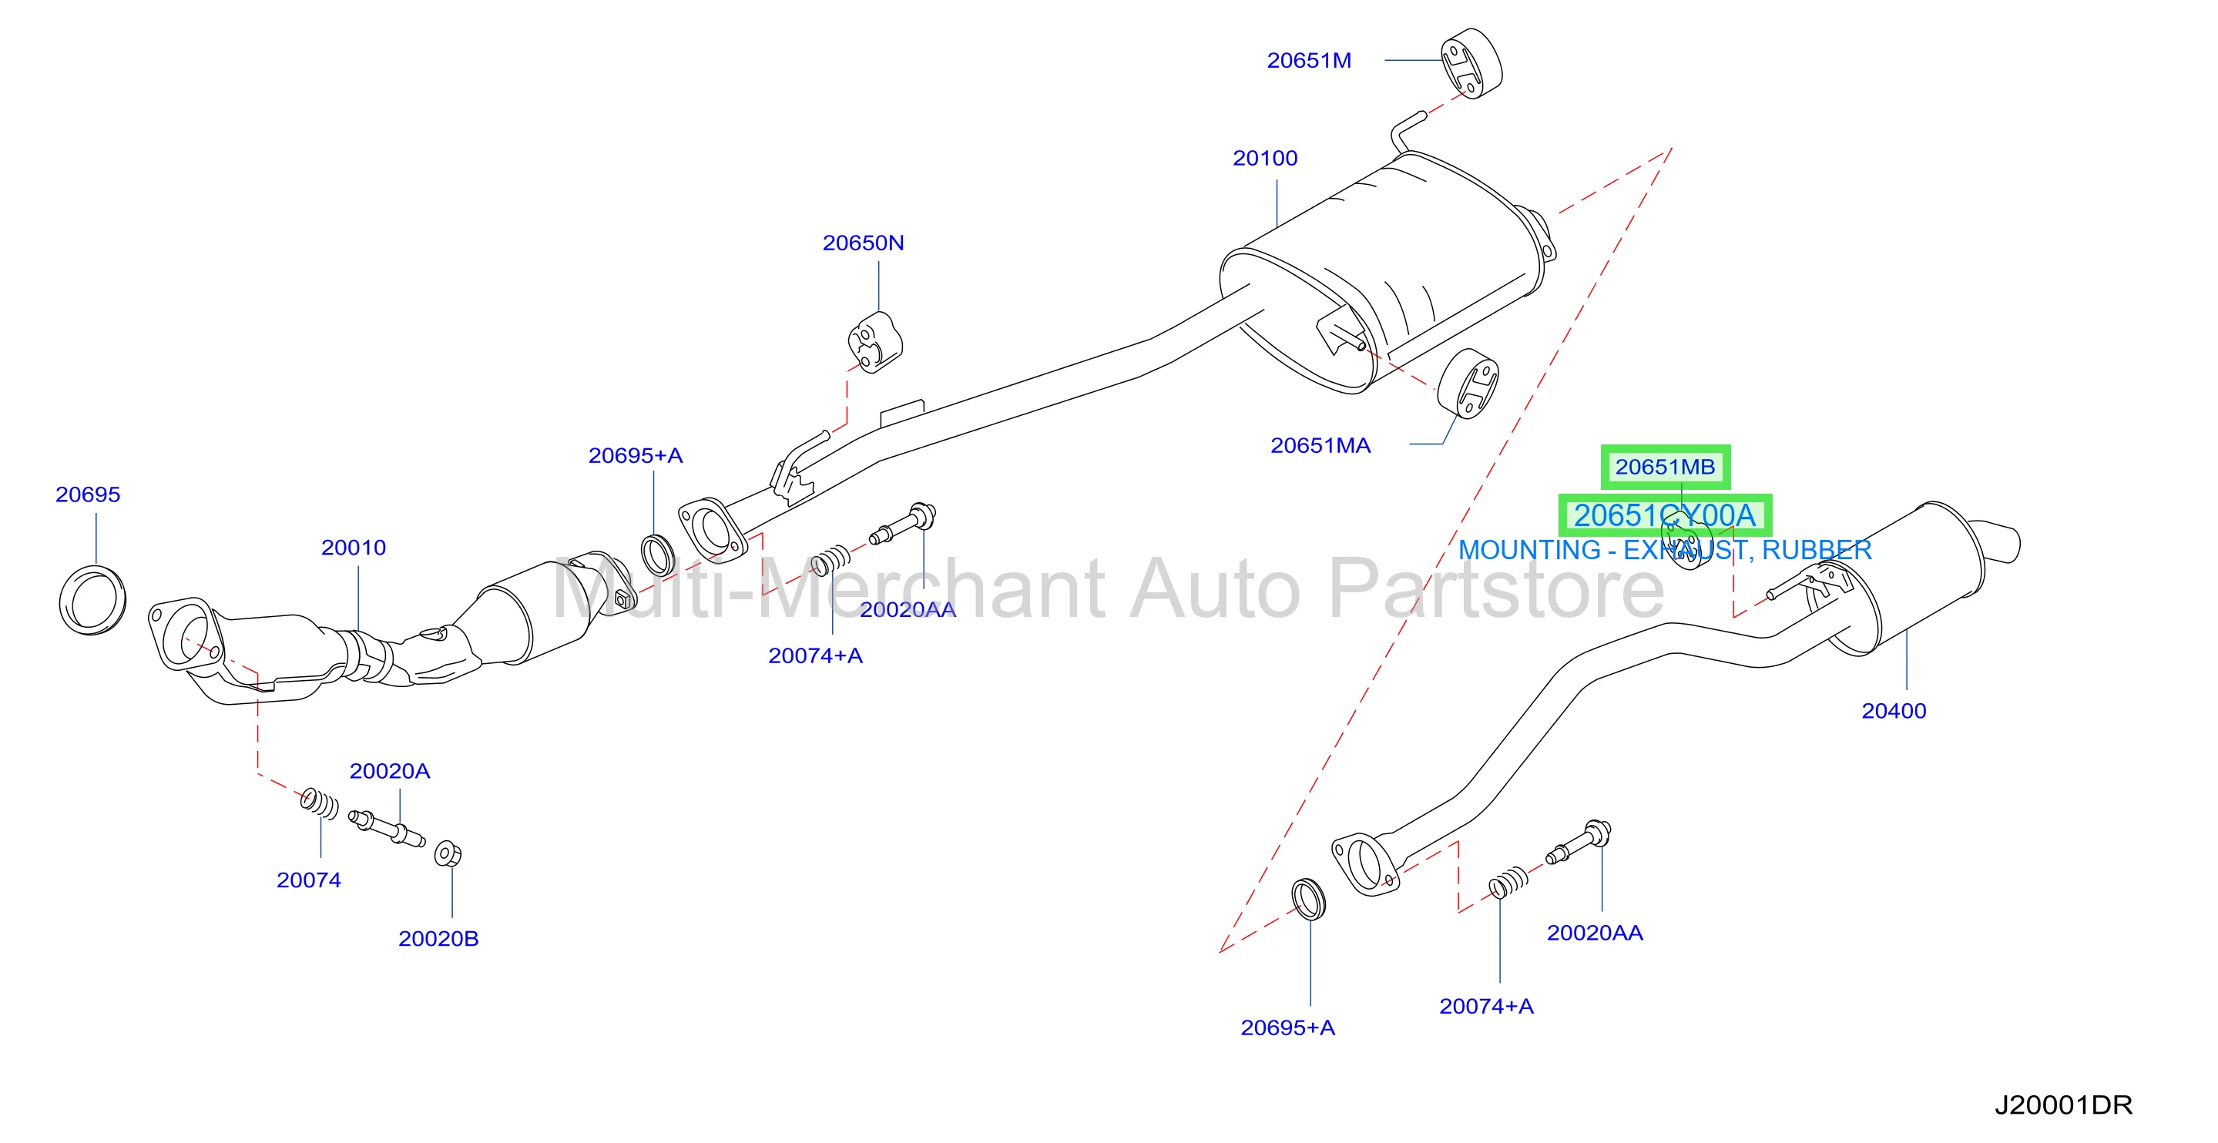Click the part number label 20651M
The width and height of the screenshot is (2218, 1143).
pos(1309,60)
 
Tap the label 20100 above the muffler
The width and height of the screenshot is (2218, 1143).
pos(1265,159)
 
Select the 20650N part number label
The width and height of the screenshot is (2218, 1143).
pos(863,243)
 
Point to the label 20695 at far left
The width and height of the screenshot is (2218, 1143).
pos(88,494)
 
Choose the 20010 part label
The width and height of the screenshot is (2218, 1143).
pos(353,548)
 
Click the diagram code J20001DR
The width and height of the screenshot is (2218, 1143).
pos(2064,1105)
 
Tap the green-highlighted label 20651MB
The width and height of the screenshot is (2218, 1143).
pos(1665,467)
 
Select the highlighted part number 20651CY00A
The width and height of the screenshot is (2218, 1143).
pos(1664,515)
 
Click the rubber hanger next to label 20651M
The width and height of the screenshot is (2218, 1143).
pos(1472,63)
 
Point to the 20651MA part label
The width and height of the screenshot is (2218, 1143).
pos(1320,446)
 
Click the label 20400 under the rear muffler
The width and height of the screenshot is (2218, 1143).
pos(1894,711)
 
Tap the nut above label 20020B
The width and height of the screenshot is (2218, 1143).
pos(448,854)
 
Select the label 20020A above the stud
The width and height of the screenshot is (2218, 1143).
pos(389,771)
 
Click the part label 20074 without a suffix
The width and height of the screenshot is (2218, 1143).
pos(308,880)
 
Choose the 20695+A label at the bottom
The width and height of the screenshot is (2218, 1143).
pos(1287,1027)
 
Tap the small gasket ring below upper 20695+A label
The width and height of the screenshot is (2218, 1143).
pos(659,555)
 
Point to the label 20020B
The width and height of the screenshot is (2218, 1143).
pos(438,939)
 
